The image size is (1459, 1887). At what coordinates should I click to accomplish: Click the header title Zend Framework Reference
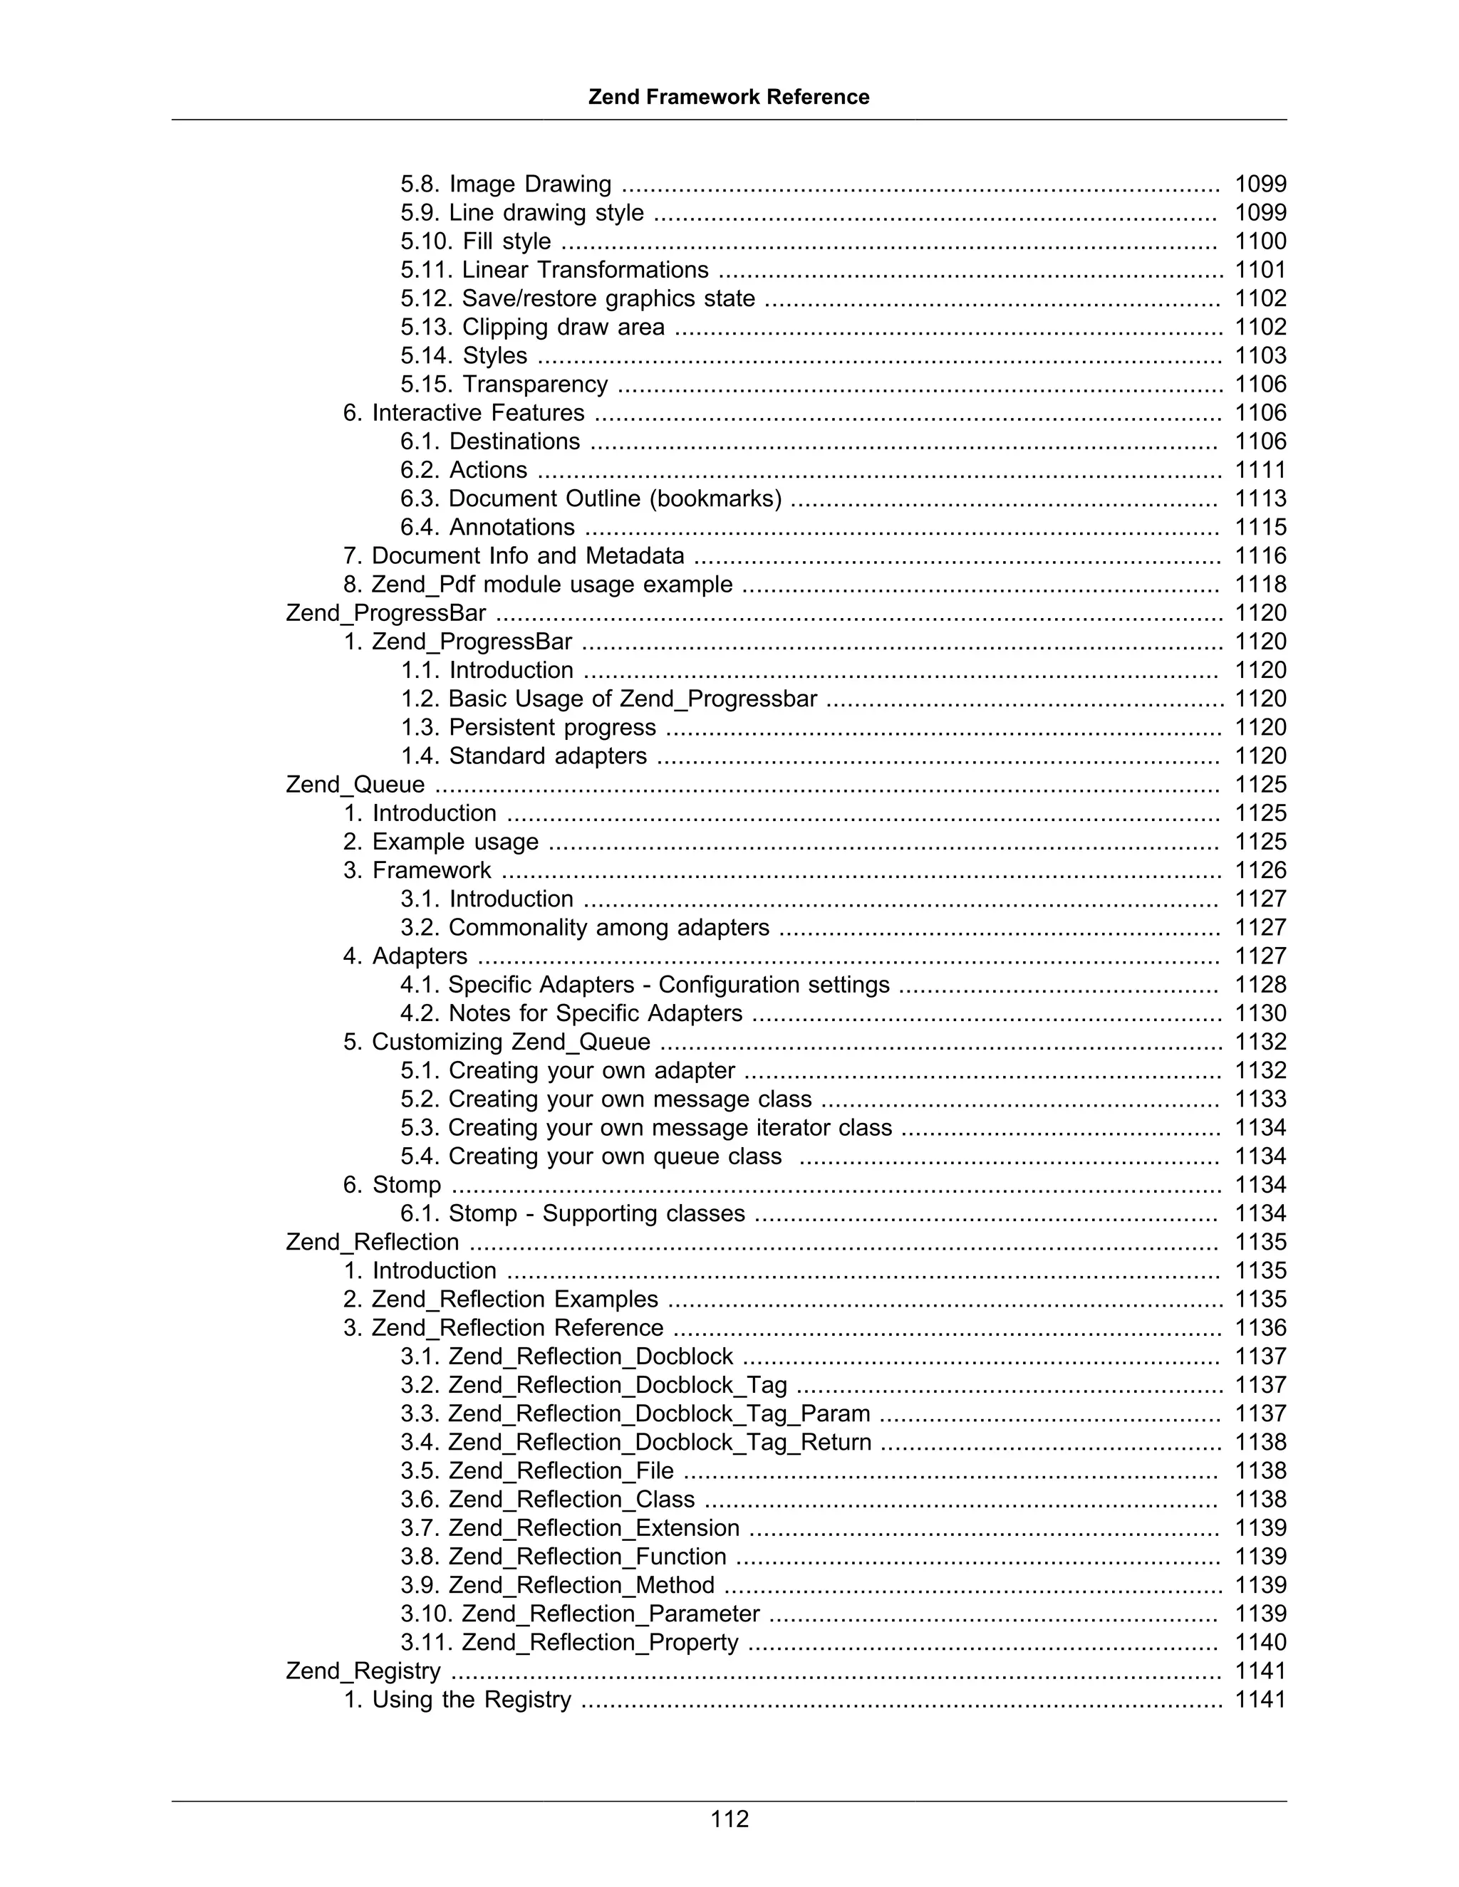(x=729, y=97)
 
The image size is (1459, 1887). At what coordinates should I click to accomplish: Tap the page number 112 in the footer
(x=729, y=1819)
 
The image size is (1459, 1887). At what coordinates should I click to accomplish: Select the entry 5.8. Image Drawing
(x=506, y=184)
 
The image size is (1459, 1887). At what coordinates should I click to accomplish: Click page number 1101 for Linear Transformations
(x=1260, y=270)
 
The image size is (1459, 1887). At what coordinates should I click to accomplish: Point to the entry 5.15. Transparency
(x=504, y=384)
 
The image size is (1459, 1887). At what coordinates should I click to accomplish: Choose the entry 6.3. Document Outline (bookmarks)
(x=591, y=498)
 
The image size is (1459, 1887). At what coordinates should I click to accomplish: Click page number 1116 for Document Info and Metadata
(x=1260, y=555)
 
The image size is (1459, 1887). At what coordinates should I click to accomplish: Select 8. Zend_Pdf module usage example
(x=538, y=584)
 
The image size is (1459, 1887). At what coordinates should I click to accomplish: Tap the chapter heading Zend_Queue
(x=355, y=785)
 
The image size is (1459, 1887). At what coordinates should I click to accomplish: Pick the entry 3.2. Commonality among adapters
(x=584, y=927)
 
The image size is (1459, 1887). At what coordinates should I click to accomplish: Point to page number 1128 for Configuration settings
(x=1260, y=984)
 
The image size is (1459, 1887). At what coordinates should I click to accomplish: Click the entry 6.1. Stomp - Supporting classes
(x=572, y=1213)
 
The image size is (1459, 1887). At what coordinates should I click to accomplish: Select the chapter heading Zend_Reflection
(x=373, y=1242)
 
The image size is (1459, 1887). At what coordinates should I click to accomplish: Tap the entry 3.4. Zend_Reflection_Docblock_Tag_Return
(x=635, y=1442)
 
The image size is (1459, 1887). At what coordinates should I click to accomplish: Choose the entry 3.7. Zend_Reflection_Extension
(x=570, y=1527)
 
